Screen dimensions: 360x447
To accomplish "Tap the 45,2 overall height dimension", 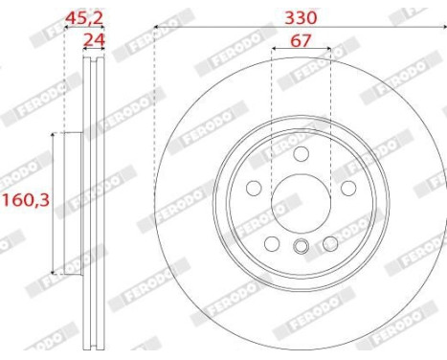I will [83, 16].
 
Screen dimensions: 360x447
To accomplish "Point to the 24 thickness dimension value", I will [93, 40].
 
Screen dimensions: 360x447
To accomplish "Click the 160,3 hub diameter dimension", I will [24, 201].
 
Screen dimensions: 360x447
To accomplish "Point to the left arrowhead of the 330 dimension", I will [157, 28].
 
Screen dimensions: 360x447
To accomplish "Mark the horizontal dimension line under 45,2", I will [83, 28].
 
